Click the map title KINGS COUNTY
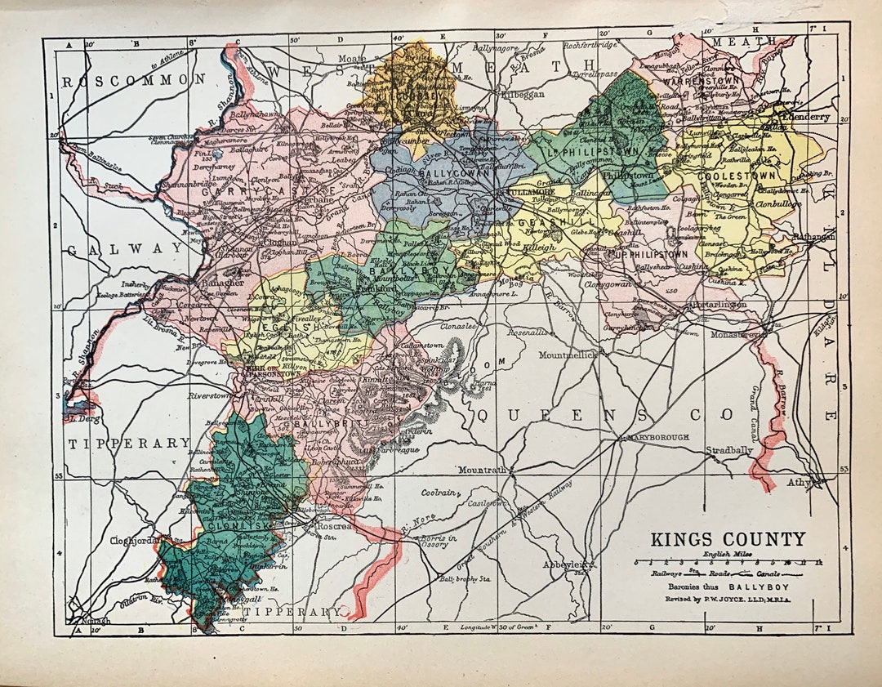pos(727,540)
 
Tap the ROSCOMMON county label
pos(135,80)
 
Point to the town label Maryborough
pos(658,438)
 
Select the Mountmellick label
pos(568,355)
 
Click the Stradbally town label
pos(729,450)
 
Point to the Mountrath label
pos(483,471)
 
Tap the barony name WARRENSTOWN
pos(702,81)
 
